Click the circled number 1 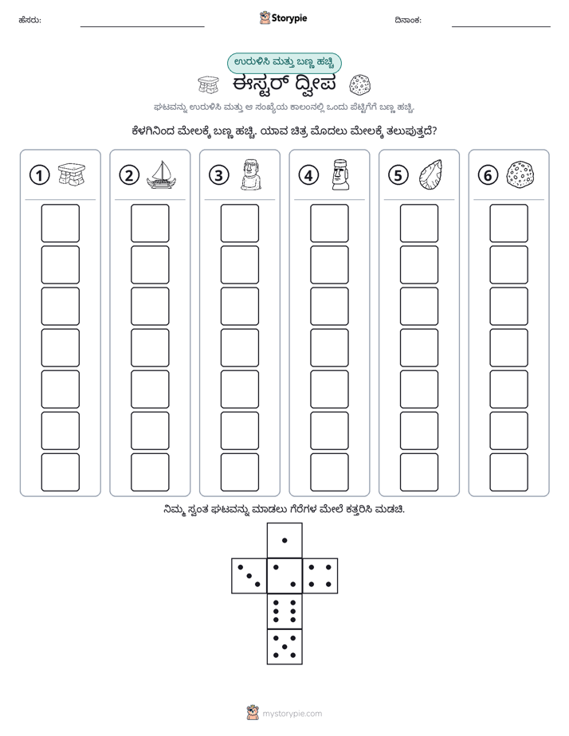point(39,175)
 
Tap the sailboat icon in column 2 point(161,175)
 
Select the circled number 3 point(219,175)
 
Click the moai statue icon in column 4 point(340,174)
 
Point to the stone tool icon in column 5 point(430,175)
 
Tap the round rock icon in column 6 point(520,175)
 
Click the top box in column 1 point(60,223)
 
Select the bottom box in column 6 point(509,472)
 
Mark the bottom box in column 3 point(239,472)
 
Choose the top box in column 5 point(419,223)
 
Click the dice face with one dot point(284,541)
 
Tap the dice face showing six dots point(284,611)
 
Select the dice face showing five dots point(284,646)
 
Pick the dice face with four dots point(320,576)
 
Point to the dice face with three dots point(249,576)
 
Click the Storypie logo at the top point(283,18)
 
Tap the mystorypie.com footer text point(292,714)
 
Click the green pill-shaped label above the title point(284,63)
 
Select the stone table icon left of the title point(208,85)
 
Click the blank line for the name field point(142,27)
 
